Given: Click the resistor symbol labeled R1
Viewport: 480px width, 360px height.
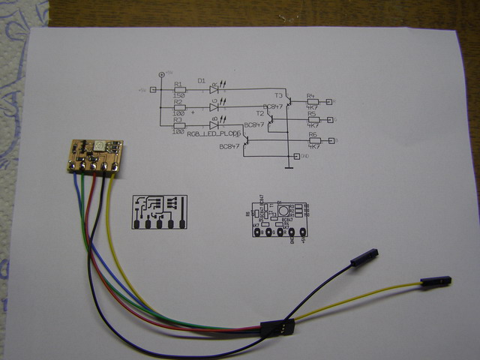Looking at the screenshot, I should coord(178,91).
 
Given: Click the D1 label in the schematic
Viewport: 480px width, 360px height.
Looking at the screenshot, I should coord(201,80).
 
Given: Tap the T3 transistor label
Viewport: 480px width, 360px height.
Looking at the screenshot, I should coord(278,96).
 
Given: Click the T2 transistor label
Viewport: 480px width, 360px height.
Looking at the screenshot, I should coord(260,113).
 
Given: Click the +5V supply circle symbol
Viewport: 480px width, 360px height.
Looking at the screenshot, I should coord(161,75).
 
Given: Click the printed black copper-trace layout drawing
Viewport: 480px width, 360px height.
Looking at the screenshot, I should coord(160,212).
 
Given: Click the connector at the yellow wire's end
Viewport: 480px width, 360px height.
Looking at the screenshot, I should coord(435,281).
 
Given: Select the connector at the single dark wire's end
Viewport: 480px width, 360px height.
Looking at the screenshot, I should coord(364,258).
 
